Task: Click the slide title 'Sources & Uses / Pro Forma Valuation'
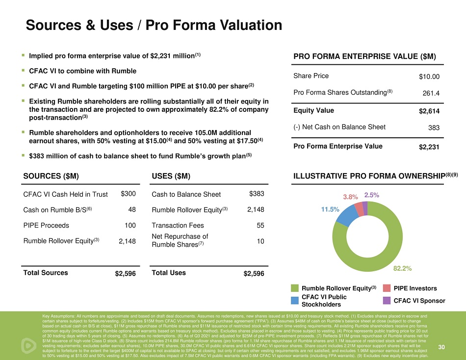154,25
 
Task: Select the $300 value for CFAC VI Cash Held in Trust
128,194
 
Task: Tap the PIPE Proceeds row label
46,226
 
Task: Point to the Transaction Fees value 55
260,226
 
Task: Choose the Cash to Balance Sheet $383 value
257,194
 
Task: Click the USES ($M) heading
171,176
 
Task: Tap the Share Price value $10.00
429,77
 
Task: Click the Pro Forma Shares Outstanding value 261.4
431,93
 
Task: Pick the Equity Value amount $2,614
429,111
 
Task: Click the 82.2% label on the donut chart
402,268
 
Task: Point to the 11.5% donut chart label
330,209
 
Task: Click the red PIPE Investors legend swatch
386,288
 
